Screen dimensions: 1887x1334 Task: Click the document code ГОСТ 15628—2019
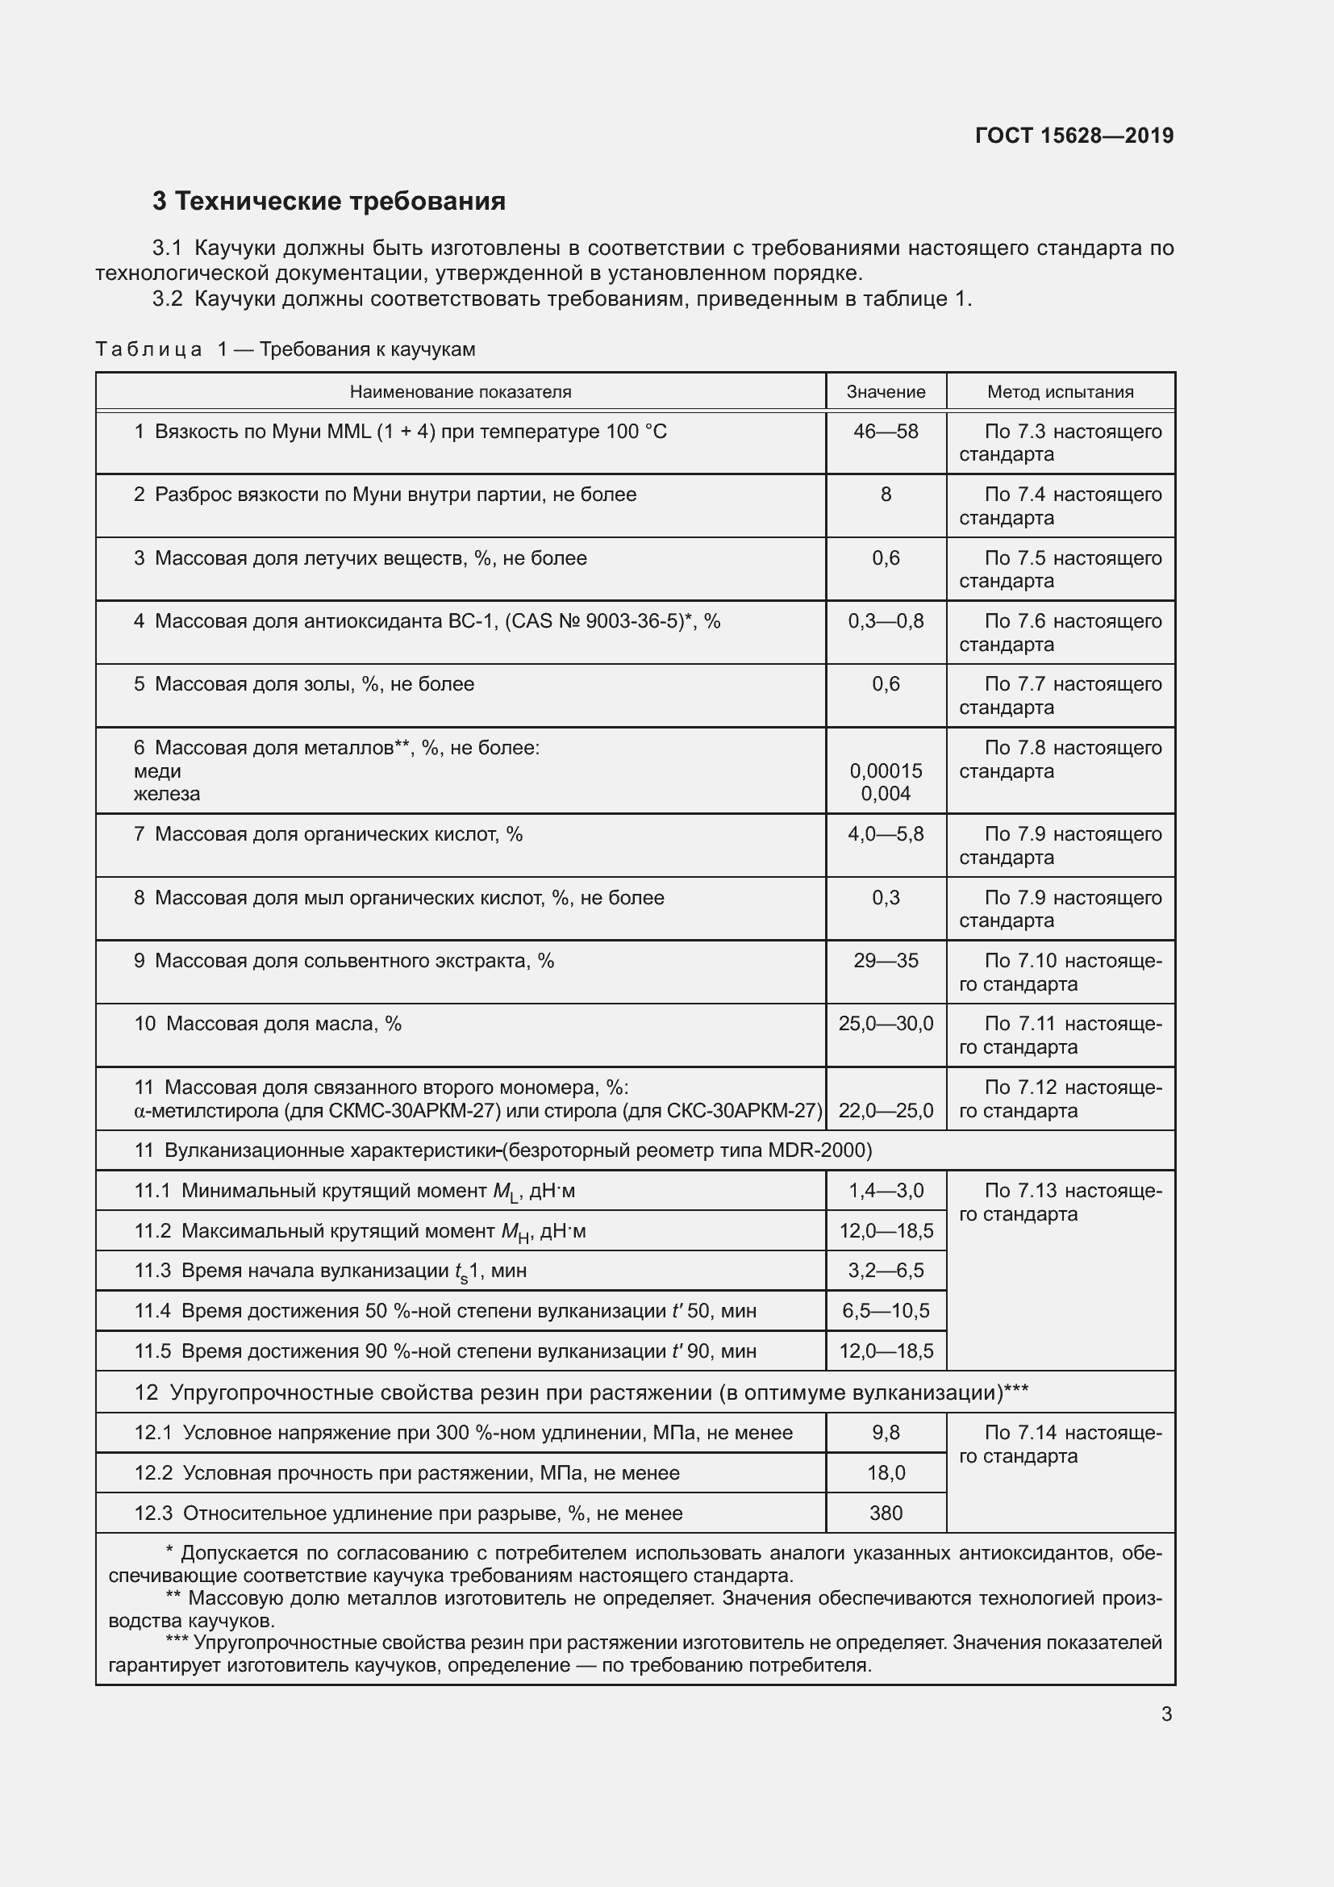point(1073,136)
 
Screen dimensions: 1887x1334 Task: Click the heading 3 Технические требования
point(328,202)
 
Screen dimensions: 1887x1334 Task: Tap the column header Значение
point(886,392)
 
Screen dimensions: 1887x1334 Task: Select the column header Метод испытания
point(1060,392)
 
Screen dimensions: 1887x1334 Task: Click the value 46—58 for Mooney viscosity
point(886,432)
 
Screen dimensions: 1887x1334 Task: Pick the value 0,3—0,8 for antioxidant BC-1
point(886,621)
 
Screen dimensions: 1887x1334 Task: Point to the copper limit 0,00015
point(886,771)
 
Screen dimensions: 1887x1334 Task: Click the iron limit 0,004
point(886,794)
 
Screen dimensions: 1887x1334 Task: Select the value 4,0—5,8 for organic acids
point(886,834)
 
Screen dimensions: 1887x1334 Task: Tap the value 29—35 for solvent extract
point(886,961)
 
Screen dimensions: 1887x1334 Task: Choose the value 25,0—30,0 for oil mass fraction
point(886,1024)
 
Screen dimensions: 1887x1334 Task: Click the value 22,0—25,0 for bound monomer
point(886,1111)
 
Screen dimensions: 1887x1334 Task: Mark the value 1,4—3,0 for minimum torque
point(886,1191)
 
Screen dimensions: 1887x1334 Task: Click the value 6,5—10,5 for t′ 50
point(886,1311)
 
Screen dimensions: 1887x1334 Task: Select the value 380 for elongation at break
point(886,1513)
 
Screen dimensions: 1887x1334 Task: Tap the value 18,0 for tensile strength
point(886,1473)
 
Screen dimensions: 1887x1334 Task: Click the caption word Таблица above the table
point(148,350)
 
